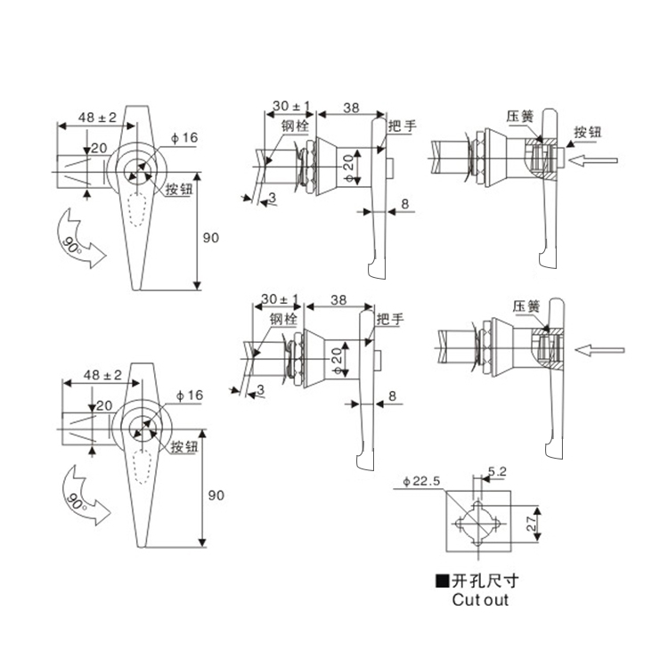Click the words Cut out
[480, 599]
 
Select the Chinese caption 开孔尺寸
[485, 580]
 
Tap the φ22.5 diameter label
[421, 481]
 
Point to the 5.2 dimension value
[497, 471]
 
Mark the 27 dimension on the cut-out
[531, 524]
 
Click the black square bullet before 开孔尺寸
[442, 581]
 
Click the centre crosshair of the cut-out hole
[478, 524]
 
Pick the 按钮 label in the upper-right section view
[588, 132]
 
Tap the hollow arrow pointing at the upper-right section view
[593, 160]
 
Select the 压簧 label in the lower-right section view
[526, 306]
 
